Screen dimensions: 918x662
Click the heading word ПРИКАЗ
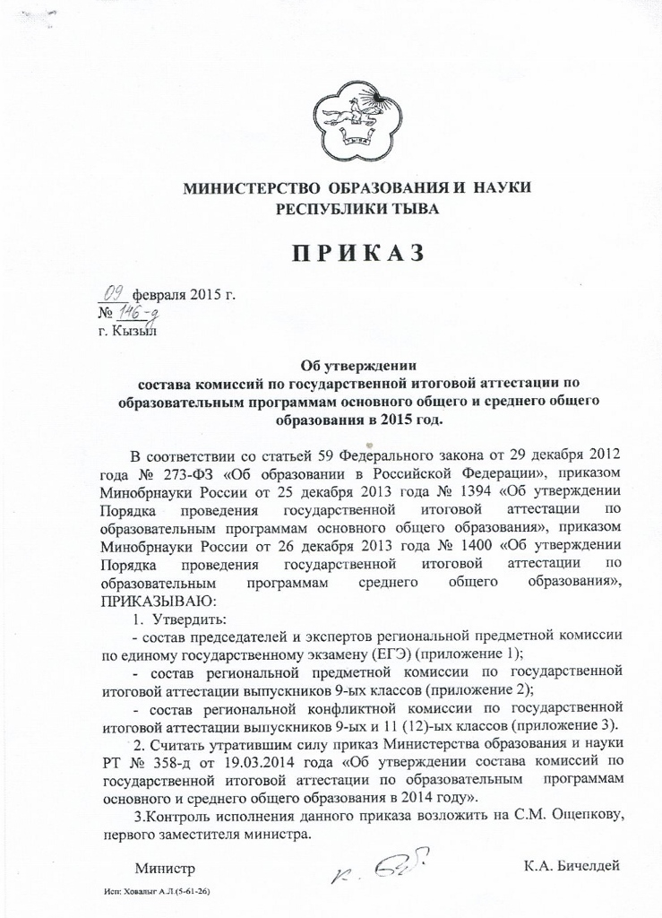(x=357, y=254)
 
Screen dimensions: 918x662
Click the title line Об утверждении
(x=357, y=365)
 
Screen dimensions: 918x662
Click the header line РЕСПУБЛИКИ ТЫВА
(x=357, y=209)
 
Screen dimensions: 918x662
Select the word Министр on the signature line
(x=165, y=868)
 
